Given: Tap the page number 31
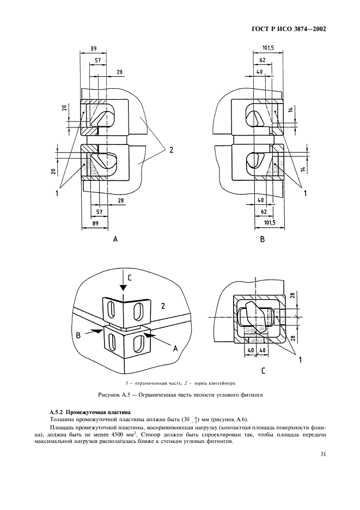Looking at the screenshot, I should pyautogui.click(x=322, y=469).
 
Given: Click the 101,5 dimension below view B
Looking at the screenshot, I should pyautogui.click(x=268, y=222).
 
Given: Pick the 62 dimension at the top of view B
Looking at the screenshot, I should pyautogui.click(x=263, y=60).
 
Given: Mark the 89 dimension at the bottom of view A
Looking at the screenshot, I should pyautogui.click(x=94, y=223).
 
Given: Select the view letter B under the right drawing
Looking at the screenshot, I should pyautogui.click(x=262, y=239).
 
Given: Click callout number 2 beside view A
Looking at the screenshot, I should pyautogui.click(x=170, y=150).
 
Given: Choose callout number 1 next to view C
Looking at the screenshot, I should pyautogui.click(x=298, y=360).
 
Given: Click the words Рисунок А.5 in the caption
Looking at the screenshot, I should pyautogui.click(x=115, y=395).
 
